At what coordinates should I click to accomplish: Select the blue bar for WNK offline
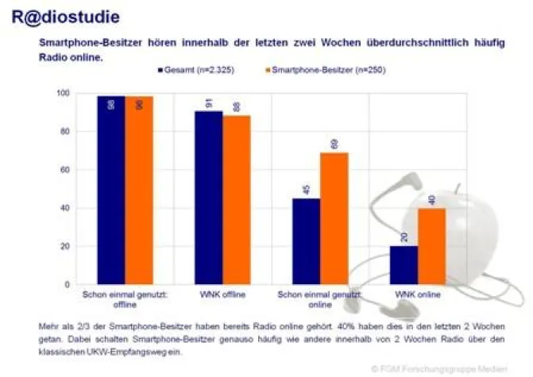tap(209, 198)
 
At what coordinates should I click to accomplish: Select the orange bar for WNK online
tap(432, 246)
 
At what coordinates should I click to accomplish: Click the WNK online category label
tap(417, 294)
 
